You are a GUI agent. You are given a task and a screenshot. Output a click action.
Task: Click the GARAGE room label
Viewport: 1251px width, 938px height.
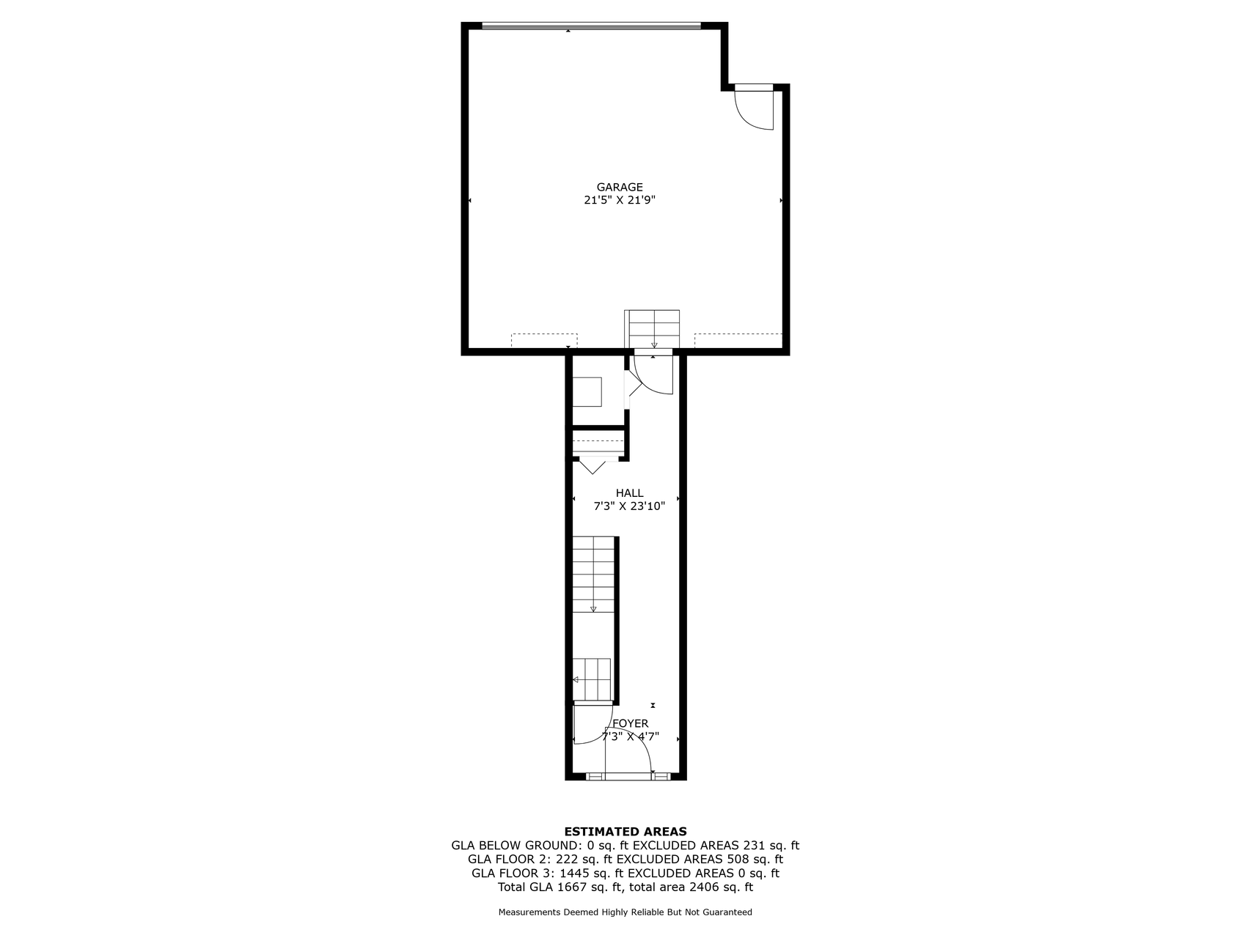click(x=620, y=187)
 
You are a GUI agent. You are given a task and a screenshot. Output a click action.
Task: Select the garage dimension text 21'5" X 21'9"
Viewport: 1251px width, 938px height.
click(x=620, y=199)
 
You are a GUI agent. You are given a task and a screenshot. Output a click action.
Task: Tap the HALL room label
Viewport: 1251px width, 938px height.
click(x=629, y=493)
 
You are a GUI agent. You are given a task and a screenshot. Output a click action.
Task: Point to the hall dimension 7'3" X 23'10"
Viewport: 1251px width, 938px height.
click(x=629, y=506)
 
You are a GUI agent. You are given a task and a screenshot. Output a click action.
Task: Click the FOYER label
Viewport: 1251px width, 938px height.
click(x=631, y=723)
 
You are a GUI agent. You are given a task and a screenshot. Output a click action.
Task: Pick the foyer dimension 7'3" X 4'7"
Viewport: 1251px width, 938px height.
click(x=631, y=736)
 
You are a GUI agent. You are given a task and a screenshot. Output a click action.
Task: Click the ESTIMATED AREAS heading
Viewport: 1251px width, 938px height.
click(x=625, y=832)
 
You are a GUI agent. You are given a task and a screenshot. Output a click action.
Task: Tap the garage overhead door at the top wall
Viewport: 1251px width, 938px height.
click(x=591, y=26)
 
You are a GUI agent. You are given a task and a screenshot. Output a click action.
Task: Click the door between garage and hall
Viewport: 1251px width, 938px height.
click(x=653, y=374)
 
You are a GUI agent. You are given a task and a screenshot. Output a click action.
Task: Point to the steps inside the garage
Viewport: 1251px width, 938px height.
click(x=652, y=329)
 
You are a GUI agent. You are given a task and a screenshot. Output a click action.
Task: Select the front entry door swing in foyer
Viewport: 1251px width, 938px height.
click(x=628, y=750)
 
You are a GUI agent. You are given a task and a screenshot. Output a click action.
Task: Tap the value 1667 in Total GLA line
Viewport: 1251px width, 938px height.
click(x=571, y=887)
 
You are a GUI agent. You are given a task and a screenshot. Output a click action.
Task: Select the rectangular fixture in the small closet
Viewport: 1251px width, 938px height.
click(x=587, y=391)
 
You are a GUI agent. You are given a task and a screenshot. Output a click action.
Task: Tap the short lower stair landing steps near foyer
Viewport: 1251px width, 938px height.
click(x=592, y=679)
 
